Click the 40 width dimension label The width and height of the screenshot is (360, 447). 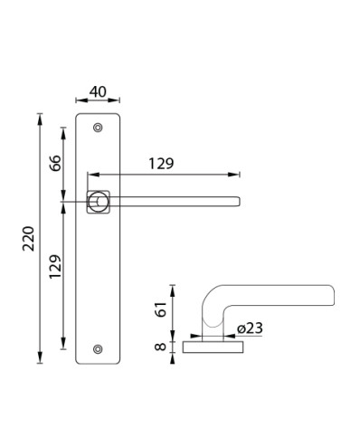click(x=98, y=91)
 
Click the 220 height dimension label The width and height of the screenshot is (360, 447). click(x=29, y=238)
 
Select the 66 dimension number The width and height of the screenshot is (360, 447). click(x=55, y=163)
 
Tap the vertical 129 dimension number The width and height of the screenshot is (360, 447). click(x=55, y=267)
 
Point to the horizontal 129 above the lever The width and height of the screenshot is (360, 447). click(x=161, y=164)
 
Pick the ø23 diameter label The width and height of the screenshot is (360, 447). click(x=250, y=328)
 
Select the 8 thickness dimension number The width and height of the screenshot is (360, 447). click(x=160, y=347)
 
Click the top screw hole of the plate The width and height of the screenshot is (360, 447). click(x=98, y=128)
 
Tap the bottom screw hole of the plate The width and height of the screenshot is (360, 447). click(x=98, y=349)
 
